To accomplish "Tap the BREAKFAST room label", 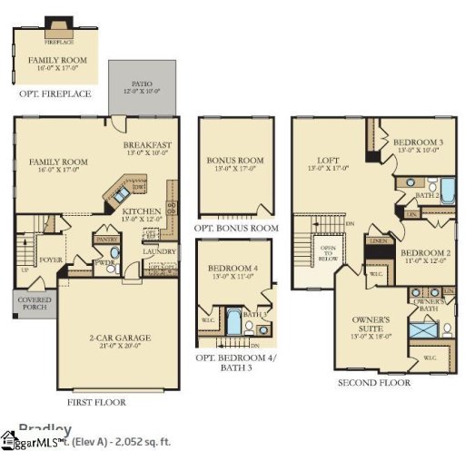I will click(147, 145).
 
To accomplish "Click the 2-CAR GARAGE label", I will click(121, 338).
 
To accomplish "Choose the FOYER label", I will click(51, 259).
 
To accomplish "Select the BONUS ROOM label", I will click(235, 161).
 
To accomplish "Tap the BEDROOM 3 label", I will click(418, 143).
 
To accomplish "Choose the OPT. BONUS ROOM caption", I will click(236, 229).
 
